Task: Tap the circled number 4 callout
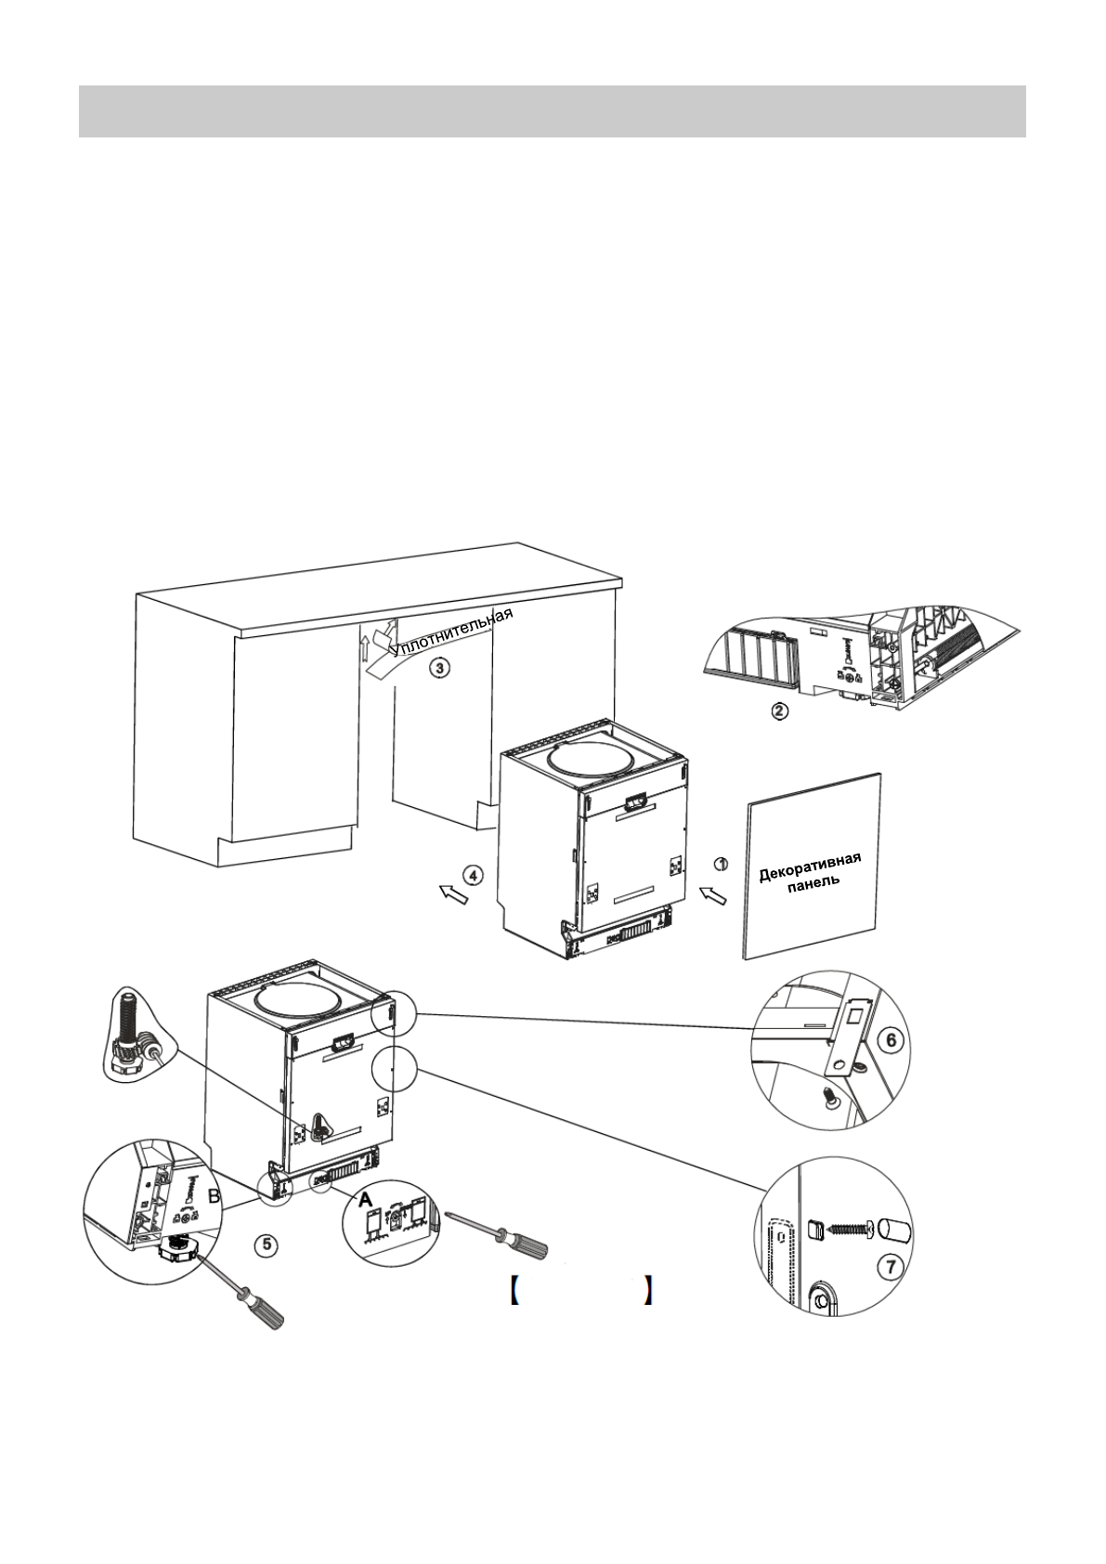point(473,875)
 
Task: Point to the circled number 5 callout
point(267,1244)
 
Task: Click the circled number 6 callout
point(890,1040)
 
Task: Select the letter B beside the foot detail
point(214,1198)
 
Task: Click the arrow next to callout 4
point(453,894)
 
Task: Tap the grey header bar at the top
point(552,111)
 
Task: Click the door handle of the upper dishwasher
point(637,801)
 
